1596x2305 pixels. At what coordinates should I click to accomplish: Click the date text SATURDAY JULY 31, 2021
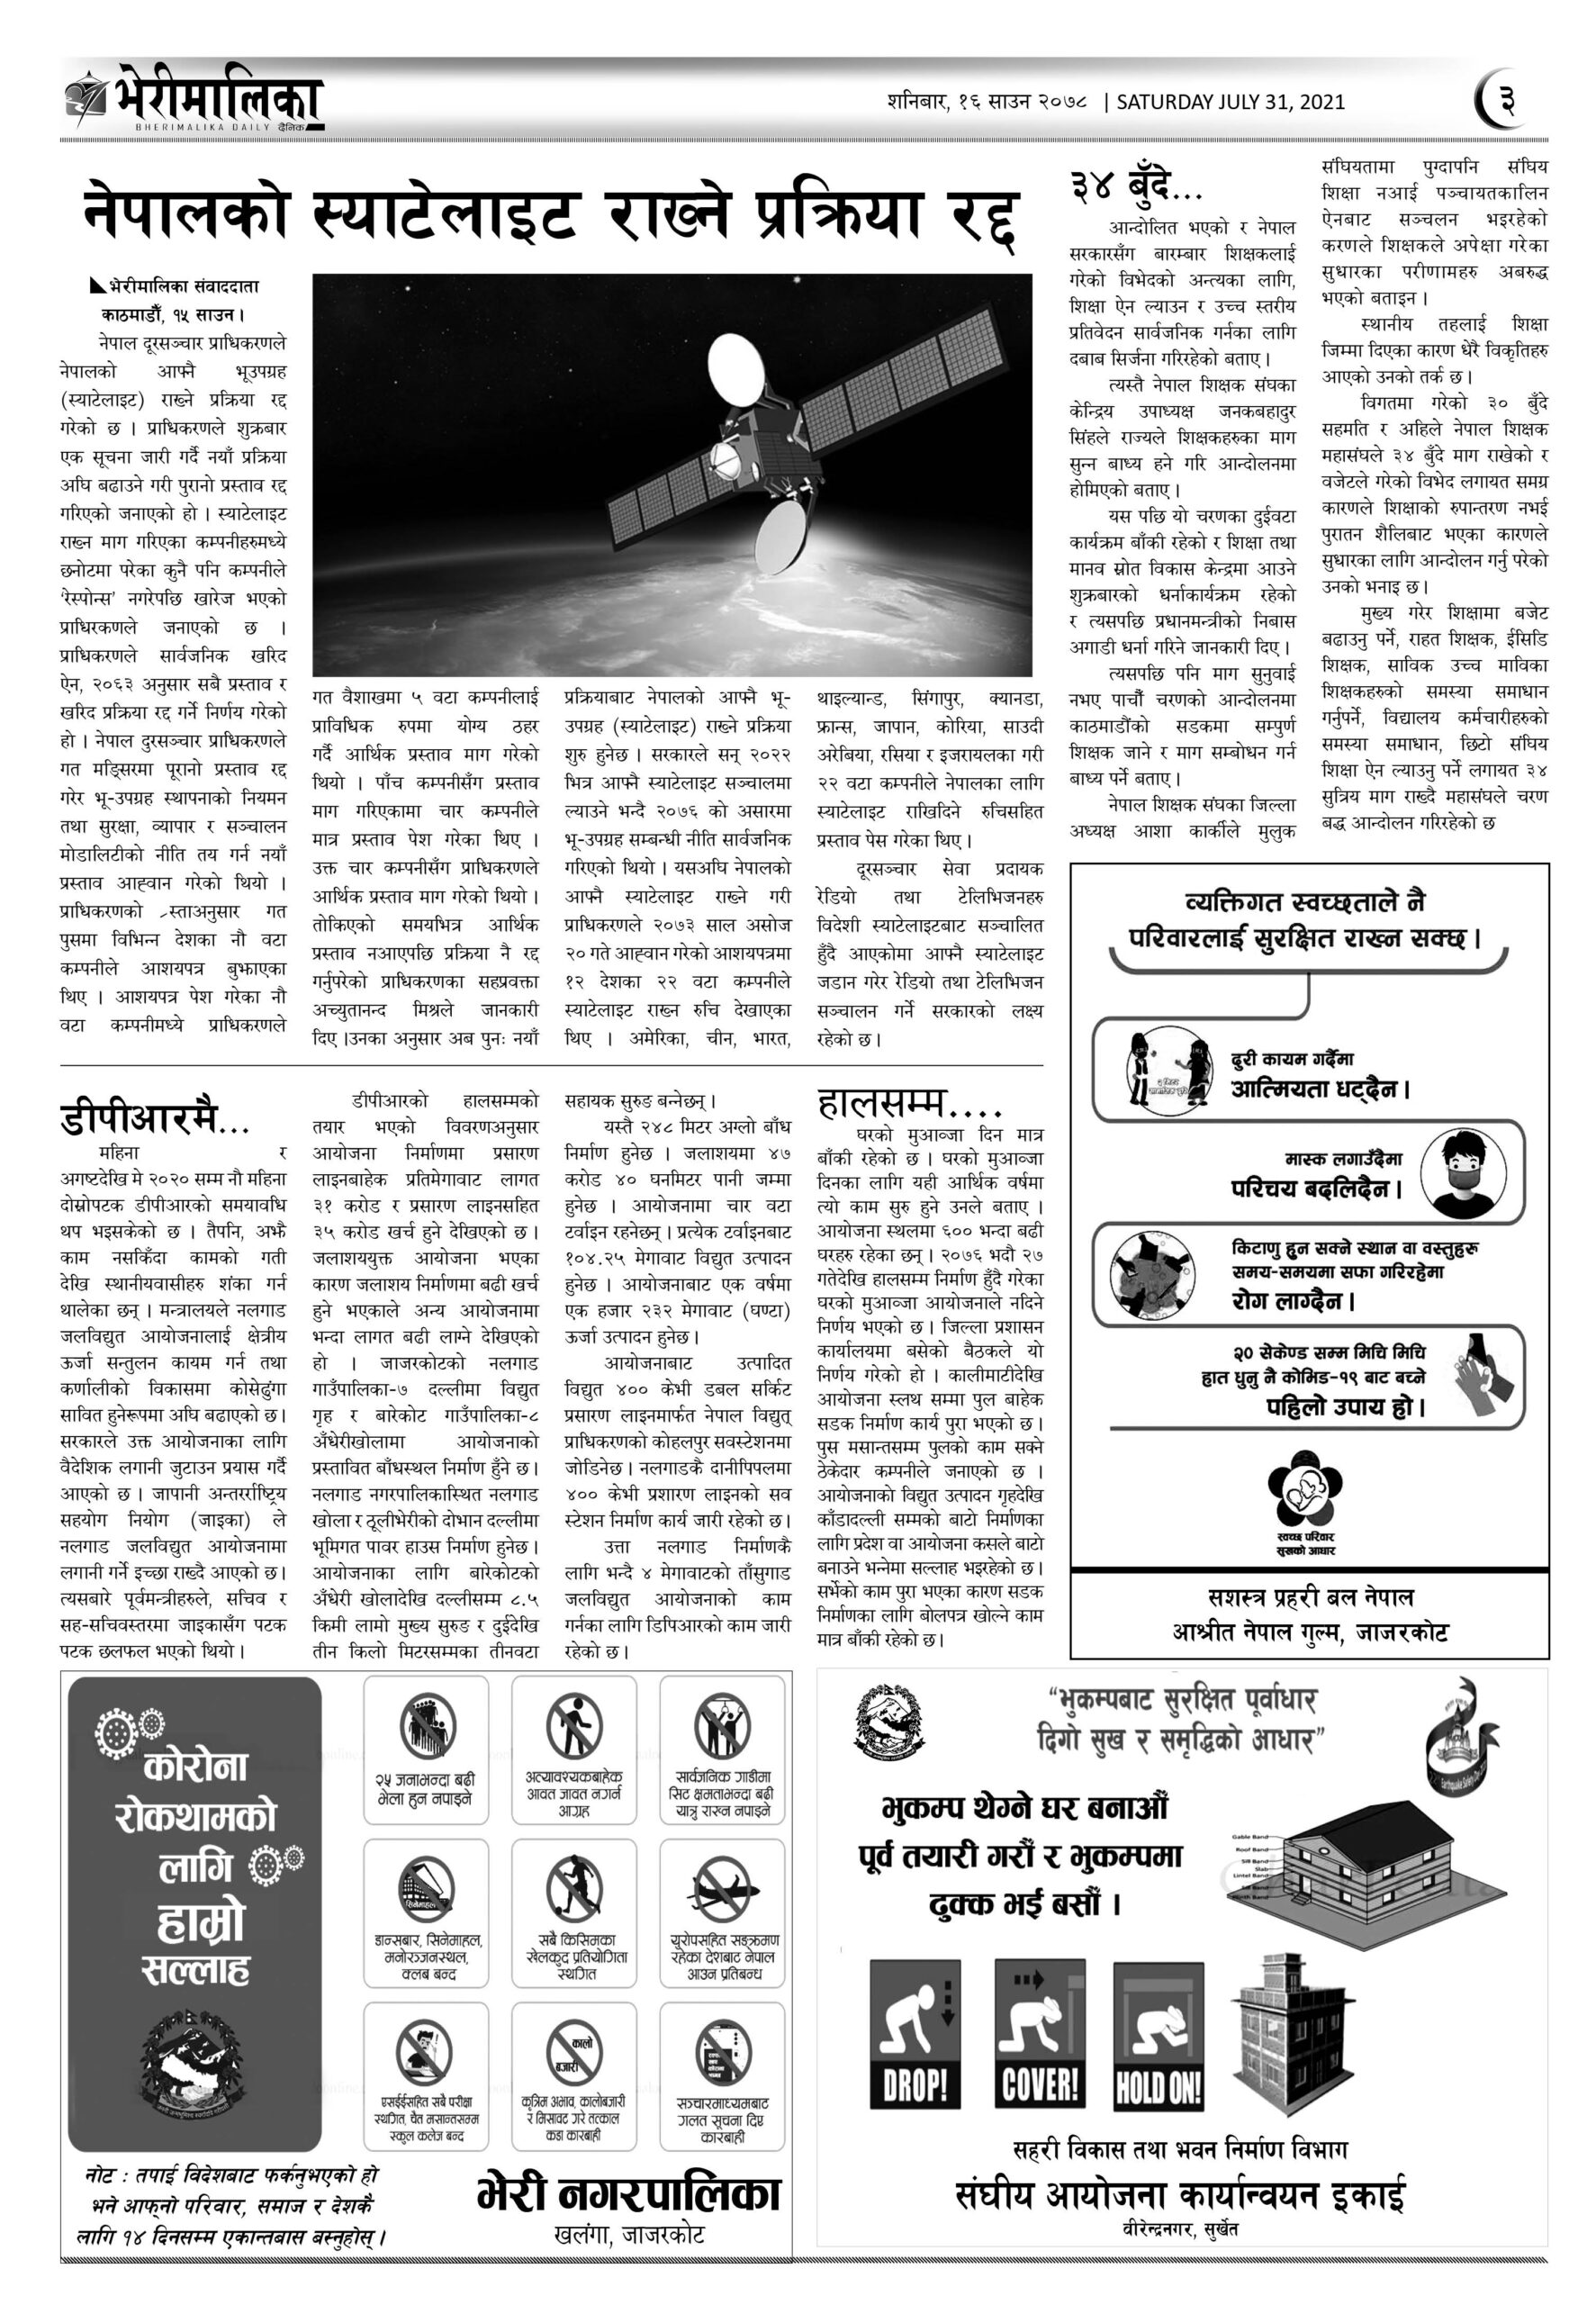[x=1229, y=102]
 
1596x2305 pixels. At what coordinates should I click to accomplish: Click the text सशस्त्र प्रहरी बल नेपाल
[x=1310, y=1597]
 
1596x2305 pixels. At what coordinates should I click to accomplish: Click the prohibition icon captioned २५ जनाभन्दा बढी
[x=426, y=1729]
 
